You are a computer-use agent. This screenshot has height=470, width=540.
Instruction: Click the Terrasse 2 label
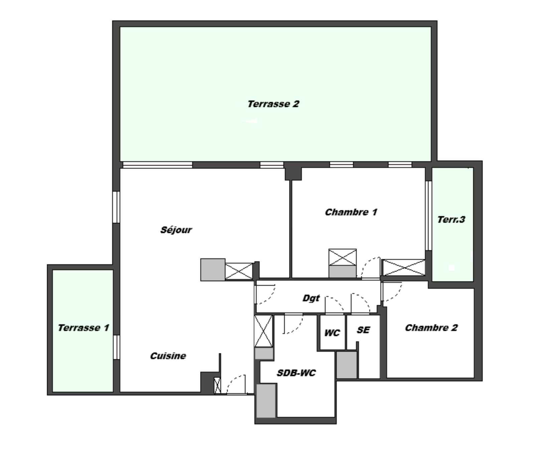tap(273, 104)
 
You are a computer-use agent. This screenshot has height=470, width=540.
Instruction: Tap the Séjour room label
tap(176, 230)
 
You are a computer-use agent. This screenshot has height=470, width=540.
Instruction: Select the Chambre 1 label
tap(351, 212)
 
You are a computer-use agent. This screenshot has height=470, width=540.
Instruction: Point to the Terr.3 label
tap(451, 220)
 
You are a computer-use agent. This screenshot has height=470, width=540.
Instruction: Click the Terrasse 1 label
tap(84, 328)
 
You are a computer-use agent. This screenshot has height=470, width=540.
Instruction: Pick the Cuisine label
tap(168, 356)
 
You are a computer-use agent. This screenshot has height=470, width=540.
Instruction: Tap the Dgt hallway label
tap(311, 298)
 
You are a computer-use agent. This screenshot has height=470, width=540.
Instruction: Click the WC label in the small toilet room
tap(332, 333)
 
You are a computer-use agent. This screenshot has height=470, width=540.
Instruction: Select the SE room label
tap(363, 330)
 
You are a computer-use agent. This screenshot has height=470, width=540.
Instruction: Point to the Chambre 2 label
tap(431, 328)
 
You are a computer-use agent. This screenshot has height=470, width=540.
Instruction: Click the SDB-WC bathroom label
tap(296, 373)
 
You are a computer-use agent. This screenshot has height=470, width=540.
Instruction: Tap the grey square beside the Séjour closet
tap(213, 270)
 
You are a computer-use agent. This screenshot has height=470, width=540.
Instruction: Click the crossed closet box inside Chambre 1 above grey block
tap(343, 257)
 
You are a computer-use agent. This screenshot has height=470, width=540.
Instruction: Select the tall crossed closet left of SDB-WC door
tap(264, 331)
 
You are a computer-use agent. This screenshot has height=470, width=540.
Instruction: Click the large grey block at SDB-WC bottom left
tap(266, 401)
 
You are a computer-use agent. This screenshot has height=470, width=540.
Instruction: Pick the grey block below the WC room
tap(347, 365)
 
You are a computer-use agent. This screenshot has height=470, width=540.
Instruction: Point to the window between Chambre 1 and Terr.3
tap(428, 216)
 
